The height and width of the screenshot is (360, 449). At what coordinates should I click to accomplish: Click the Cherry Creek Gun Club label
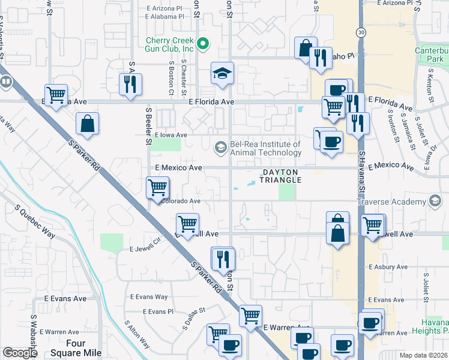point(170,44)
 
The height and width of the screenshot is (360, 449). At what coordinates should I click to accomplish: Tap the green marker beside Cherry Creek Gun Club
point(203,43)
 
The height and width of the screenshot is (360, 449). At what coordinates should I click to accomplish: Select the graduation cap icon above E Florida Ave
point(221,74)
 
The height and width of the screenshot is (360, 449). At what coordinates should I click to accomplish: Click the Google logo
point(20,353)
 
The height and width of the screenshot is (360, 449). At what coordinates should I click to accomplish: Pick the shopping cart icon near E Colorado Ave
point(157,187)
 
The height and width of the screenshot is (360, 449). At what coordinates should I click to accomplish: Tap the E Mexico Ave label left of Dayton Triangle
point(179,168)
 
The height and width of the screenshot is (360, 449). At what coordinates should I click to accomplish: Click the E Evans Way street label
point(149,296)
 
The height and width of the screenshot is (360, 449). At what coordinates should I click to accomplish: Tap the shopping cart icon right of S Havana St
point(373,226)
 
